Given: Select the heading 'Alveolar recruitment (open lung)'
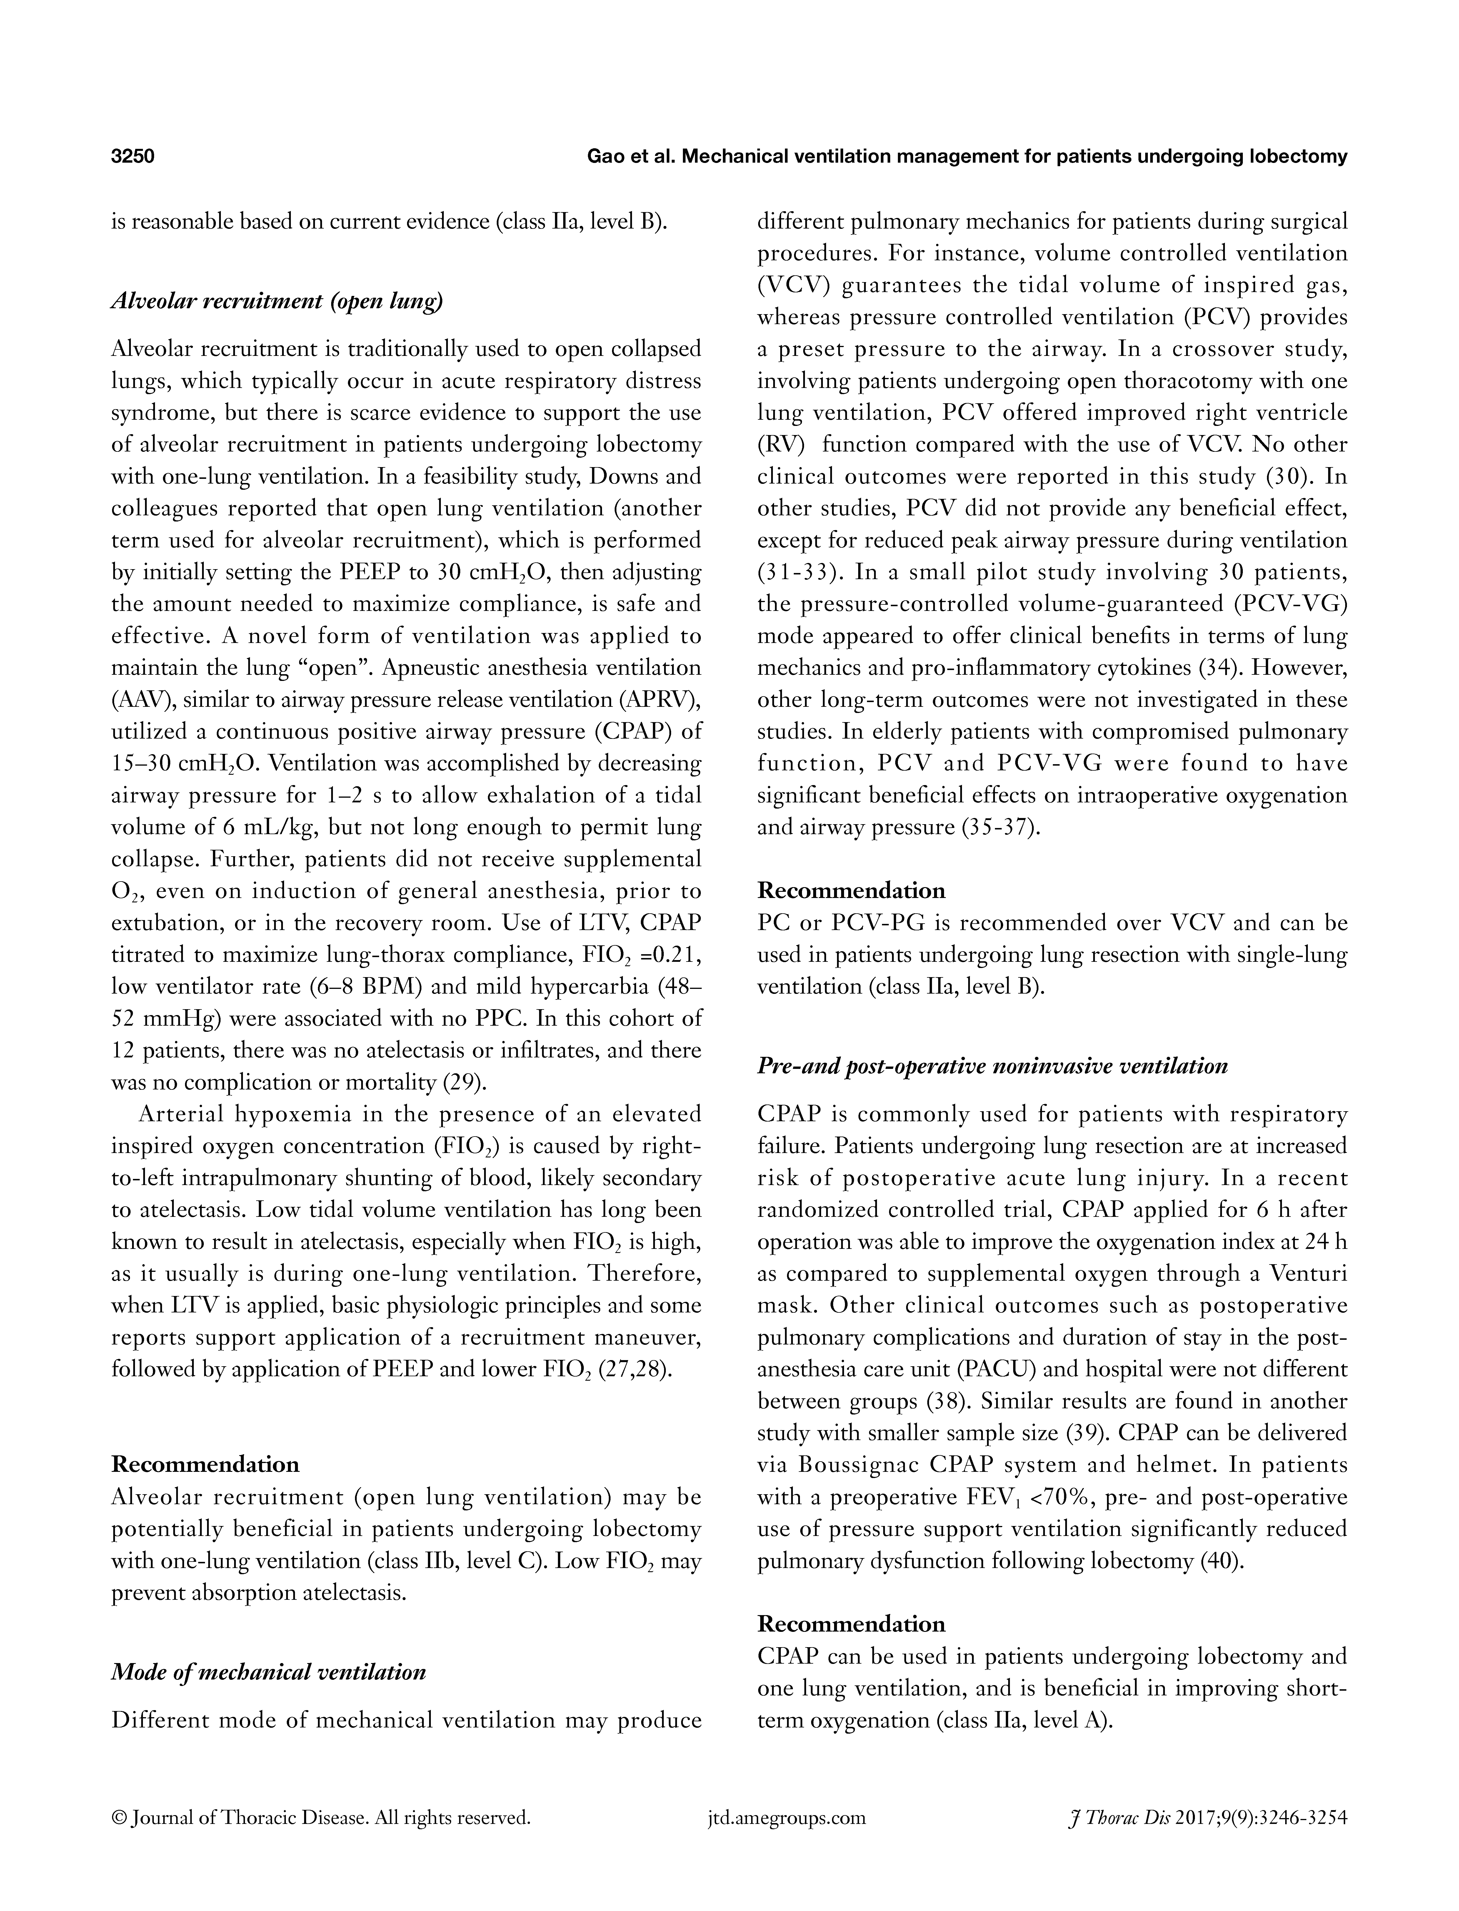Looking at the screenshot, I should (277, 302).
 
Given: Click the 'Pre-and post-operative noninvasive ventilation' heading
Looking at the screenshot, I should (993, 1066).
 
